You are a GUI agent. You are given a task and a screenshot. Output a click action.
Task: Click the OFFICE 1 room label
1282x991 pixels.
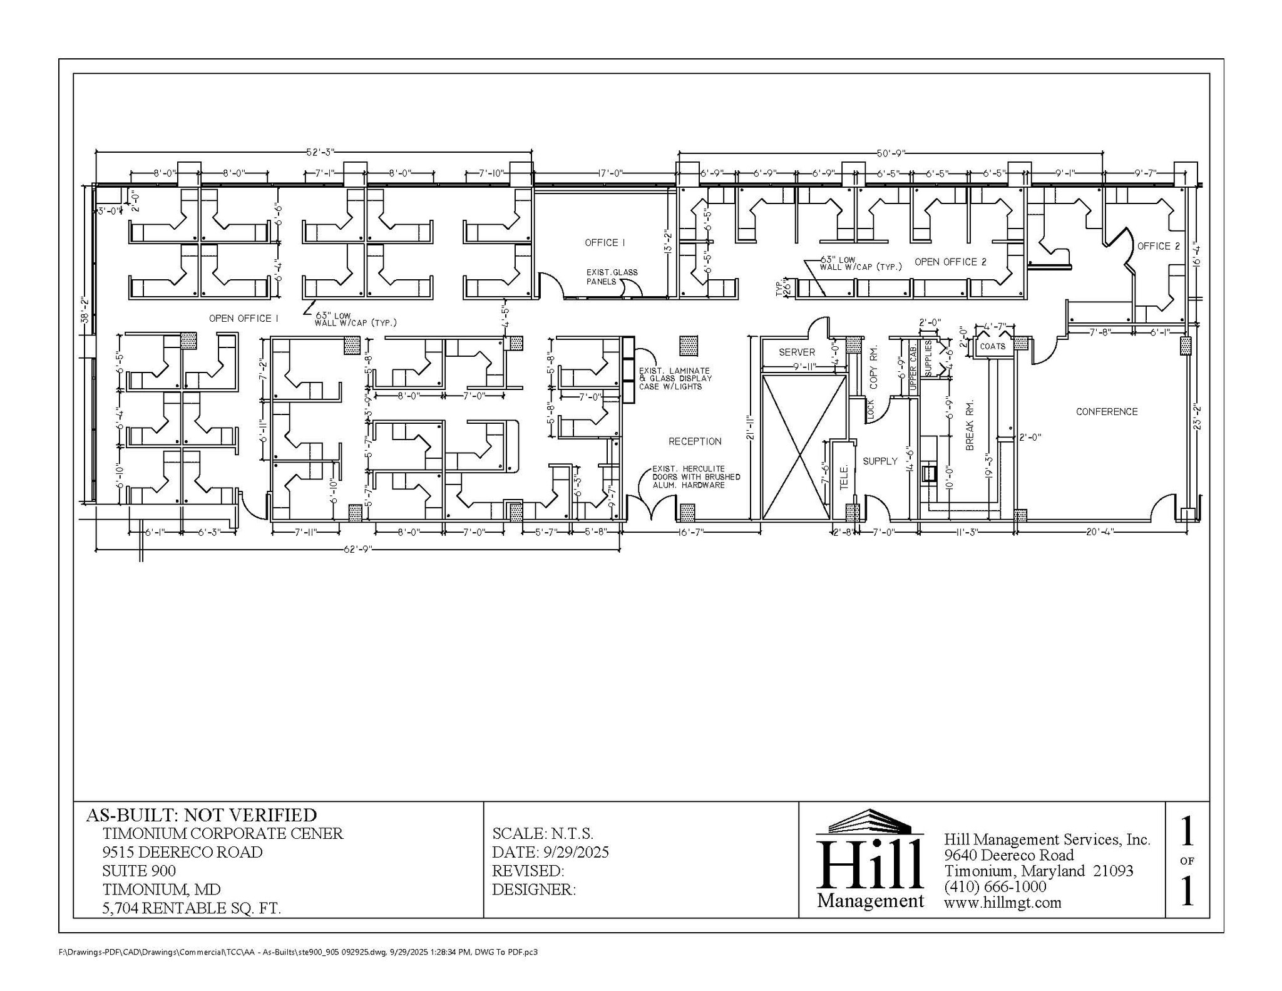click(x=604, y=243)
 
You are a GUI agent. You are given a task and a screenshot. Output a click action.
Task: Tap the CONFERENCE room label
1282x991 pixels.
click(x=1106, y=411)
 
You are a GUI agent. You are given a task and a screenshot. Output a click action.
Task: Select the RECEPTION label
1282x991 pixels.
click(x=694, y=441)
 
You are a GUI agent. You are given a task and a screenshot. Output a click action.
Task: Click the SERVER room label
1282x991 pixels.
click(x=796, y=352)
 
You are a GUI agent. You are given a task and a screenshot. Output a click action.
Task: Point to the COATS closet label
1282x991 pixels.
click(x=992, y=346)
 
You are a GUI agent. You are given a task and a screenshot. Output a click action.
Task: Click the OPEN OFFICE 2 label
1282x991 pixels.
click(x=950, y=262)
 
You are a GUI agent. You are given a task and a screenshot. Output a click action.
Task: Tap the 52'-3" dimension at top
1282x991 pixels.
click(x=320, y=152)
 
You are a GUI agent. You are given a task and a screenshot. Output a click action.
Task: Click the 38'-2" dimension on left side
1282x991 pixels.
click(x=85, y=310)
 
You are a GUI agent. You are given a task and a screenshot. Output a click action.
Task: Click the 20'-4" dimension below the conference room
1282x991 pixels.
click(x=1100, y=532)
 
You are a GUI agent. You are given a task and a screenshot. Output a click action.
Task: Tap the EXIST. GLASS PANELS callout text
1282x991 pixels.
click(x=611, y=277)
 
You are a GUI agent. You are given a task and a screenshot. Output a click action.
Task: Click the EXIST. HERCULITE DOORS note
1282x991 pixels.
click(x=695, y=476)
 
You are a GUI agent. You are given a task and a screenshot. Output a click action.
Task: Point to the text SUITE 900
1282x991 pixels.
click(x=139, y=871)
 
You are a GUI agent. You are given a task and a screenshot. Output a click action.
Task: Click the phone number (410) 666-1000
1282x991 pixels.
click(x=995, y=886)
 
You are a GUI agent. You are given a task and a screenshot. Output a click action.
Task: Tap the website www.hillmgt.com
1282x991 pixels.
click(x=1002, y=902)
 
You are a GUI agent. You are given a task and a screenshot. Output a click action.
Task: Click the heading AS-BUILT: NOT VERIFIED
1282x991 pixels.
click(x=201, y=815)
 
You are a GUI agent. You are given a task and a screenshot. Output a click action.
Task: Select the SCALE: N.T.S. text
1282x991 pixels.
click(x=542, y=834)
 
